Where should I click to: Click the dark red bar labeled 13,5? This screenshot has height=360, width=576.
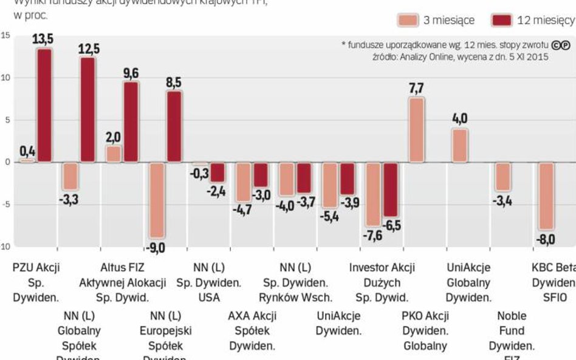44,105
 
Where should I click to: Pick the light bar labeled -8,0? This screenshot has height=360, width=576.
546,195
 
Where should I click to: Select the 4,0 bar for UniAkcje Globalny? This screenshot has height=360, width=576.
459,146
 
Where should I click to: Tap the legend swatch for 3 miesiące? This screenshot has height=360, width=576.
408,20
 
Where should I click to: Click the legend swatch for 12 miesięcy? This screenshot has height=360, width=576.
501,20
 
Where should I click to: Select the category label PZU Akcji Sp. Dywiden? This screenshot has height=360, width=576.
36,282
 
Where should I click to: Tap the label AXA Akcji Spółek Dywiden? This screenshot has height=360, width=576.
252,331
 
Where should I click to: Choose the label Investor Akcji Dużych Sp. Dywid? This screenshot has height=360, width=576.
382,282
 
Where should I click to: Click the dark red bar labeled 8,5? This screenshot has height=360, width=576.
174,126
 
